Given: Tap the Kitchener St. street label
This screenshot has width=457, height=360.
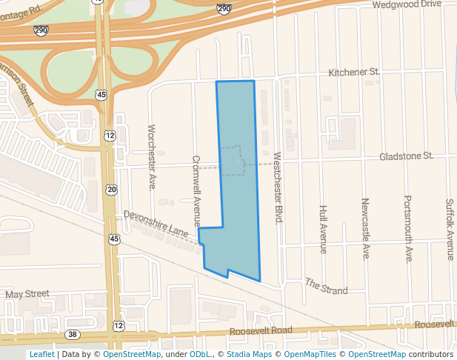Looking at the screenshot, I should [x=353, y=73].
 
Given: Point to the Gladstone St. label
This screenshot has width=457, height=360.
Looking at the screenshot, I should [x=406, y=156].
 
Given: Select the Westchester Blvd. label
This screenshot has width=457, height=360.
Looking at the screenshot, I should [x=278, y=189].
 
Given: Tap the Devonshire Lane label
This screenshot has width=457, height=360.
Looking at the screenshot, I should [x=156, y=224].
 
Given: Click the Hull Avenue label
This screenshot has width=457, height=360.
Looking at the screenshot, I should [x=323, y=229].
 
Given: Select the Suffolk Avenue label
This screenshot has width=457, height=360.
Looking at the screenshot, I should [x=450, y=229].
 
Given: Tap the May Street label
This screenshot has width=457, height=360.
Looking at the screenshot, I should [x=27, y=294].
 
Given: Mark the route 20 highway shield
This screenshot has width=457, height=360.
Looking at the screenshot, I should [x=111, y=190].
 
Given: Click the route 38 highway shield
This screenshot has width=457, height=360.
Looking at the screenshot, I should [x=71, y=334].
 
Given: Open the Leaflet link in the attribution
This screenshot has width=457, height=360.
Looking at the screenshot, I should [x=41, y=354].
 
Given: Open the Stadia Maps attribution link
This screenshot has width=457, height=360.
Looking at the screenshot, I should [x=248, y=354].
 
